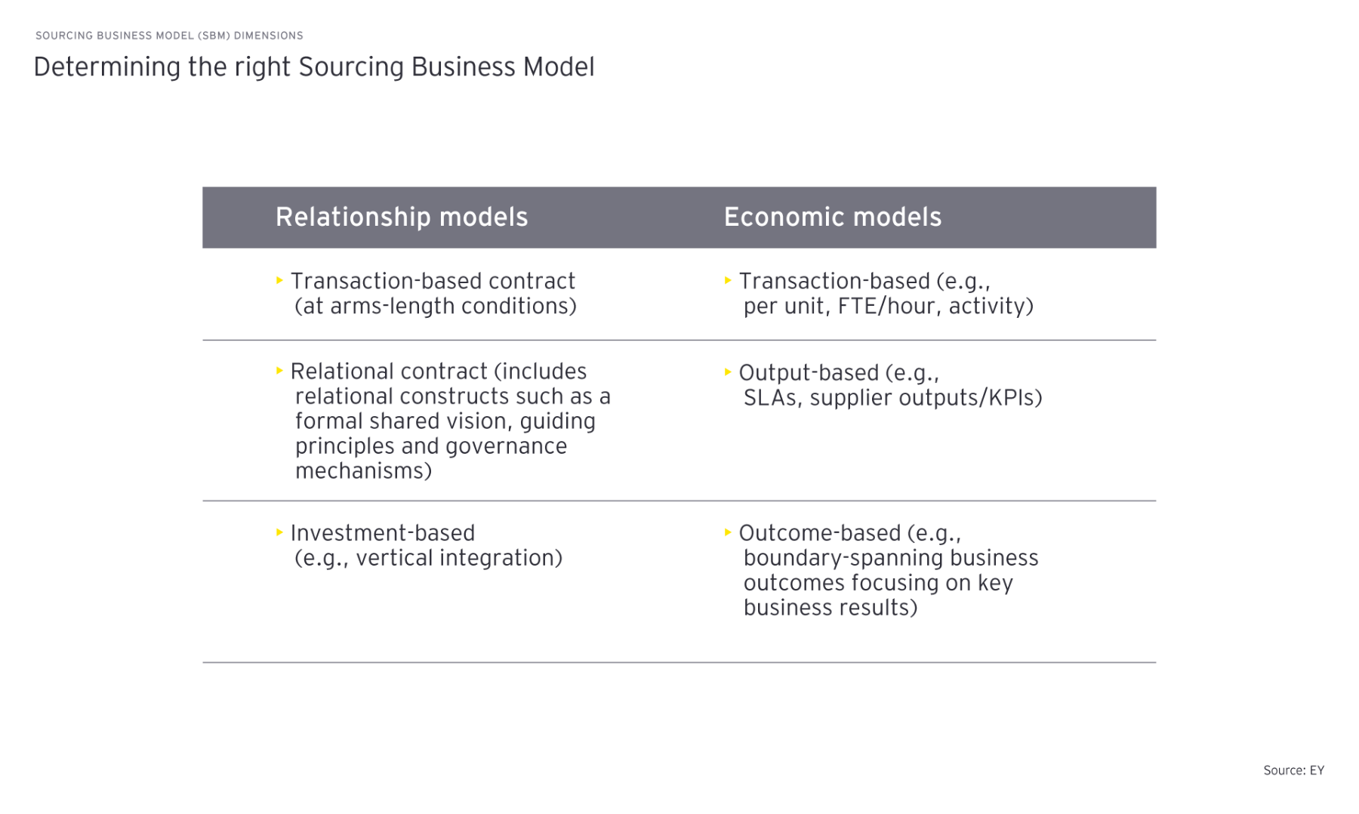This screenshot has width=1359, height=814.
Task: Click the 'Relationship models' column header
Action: coord(401,217)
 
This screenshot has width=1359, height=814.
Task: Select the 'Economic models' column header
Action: coord(832,217)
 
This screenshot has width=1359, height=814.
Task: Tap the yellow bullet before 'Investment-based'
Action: coord(279,532)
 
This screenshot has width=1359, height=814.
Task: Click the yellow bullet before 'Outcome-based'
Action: coord(728,532)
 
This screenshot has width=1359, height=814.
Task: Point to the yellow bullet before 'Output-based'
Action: coord(728,372)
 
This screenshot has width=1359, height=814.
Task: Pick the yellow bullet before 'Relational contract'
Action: coord(279,371)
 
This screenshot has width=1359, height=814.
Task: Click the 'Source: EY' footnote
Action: coord(1293,770)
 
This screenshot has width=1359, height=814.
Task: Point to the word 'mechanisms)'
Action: coord(363,471)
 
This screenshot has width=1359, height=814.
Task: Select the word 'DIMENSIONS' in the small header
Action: coord(269,35)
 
